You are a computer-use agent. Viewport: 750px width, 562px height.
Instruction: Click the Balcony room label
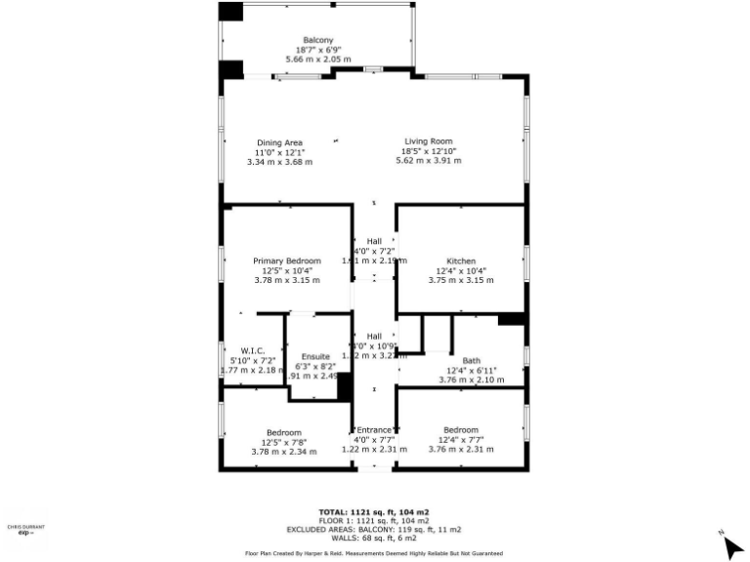[x=318, y=40]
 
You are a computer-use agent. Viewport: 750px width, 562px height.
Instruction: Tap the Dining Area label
[x=279, y=142]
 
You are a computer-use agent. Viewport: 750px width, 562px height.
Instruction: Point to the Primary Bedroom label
[x=287, y=261]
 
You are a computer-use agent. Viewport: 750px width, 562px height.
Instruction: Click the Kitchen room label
[x=461, y=261]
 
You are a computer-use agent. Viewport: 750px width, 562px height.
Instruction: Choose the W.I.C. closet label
[x=253, y=350]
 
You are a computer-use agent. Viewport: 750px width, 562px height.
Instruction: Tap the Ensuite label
[x=315, y=357]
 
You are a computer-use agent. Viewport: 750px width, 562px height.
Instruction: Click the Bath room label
[x=471, y=360]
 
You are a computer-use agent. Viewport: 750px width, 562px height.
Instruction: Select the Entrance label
[x=374, y=430]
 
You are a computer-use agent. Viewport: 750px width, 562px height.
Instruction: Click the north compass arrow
[x=732, y=545]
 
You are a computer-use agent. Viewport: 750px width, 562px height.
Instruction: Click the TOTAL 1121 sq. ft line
[x=374, y=512]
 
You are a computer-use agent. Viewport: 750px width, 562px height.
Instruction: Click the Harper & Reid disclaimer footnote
[x=374, y=552]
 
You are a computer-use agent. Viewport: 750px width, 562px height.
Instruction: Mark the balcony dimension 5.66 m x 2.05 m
[x=318, y=60]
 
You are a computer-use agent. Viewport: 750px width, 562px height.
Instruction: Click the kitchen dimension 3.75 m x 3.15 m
[x=461, y=280]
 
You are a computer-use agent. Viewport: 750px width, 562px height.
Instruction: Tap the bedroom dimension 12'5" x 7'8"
[x=284, y=442]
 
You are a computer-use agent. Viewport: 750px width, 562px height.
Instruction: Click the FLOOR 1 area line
[x=374, y=521]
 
